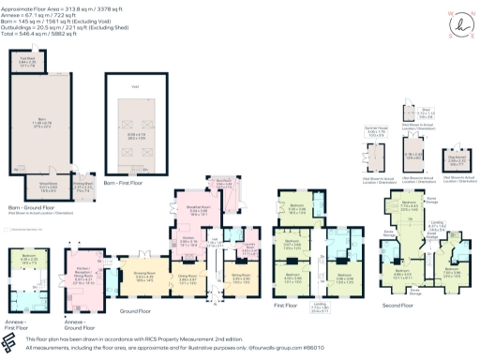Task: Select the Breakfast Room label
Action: pos(198,211)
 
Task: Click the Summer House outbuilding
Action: pos(377,133)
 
